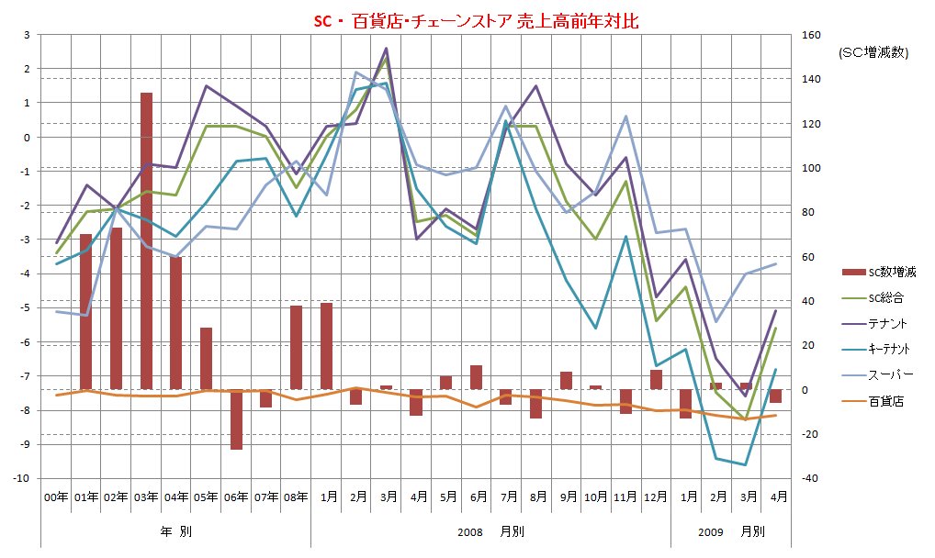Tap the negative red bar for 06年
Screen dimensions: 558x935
click(x=236, y=418)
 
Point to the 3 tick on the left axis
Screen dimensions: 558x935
click(x=27, y=36)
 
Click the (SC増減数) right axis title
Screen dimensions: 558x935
click(x=873, y=53)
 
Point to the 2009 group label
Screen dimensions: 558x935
click(x=711, y=531)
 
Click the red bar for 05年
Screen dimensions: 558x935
click(x=206, y=358)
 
